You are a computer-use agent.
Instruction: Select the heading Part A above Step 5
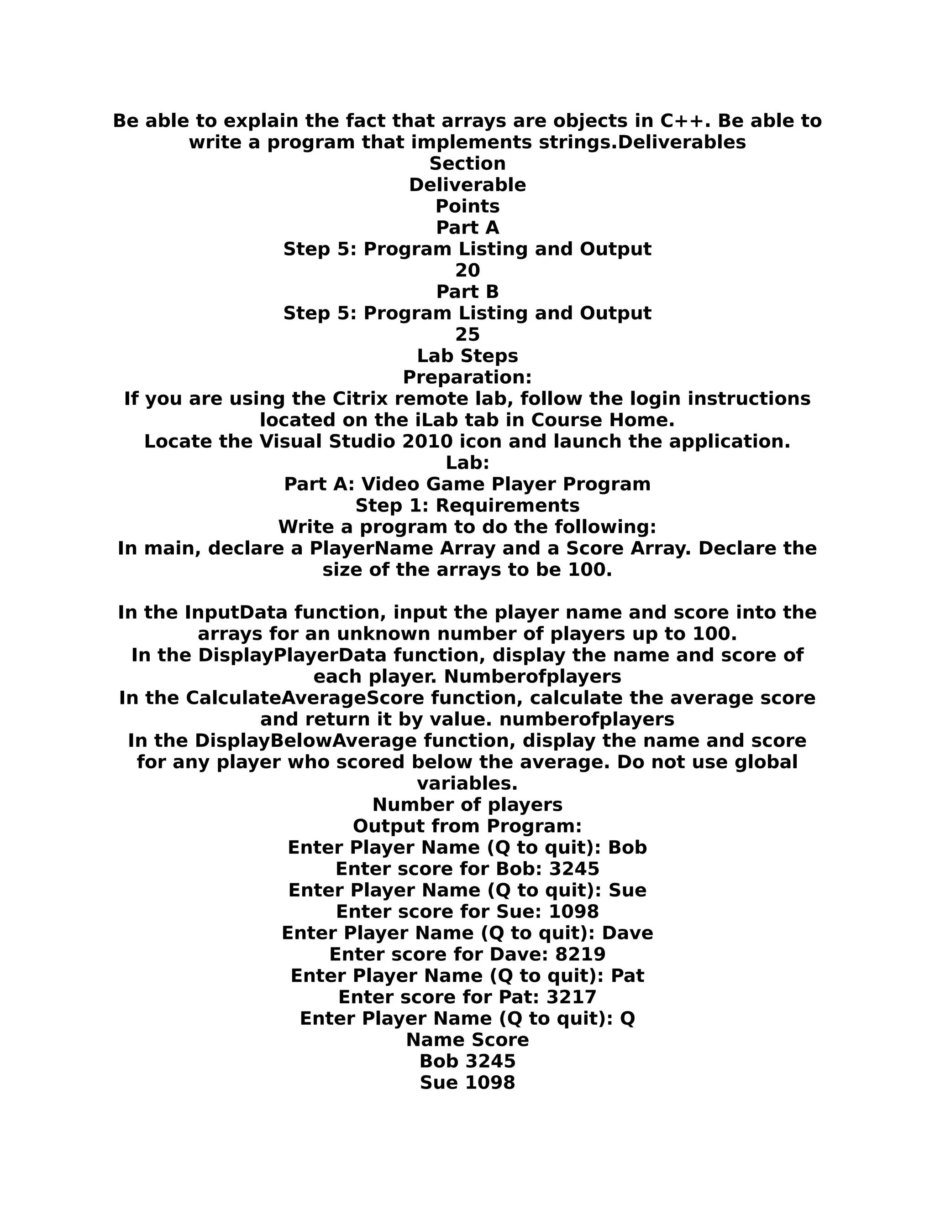point(467,228)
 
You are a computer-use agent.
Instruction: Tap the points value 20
point(467,270)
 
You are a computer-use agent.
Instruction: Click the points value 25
point(467,334)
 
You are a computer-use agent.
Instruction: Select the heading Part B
point(467,292)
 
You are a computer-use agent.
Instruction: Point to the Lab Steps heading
point(467,355)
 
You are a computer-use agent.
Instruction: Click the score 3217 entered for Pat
point(571,997)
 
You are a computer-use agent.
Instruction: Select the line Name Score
point(467,1040)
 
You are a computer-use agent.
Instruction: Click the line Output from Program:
point(467,826)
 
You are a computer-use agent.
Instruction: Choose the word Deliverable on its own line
point(467,185)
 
